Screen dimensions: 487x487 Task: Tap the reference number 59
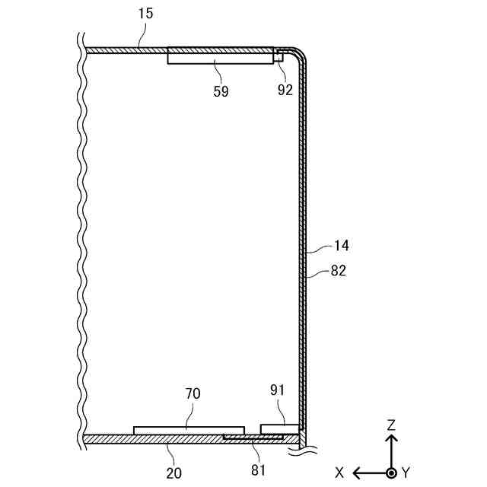point(221,91)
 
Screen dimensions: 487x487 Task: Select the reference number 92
point(285,89)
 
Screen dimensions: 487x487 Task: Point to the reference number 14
point(342,246)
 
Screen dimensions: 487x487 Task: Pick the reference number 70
point(193,394)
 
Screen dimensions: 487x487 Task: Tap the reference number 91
point(277,389)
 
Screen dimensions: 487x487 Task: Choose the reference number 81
point(258,470)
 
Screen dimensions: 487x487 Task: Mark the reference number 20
point(174,472)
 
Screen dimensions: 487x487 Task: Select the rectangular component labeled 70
point(189,430)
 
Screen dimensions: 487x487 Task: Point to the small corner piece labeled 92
point(279,54)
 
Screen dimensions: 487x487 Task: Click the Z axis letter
point(391,425)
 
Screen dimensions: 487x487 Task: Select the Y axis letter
point(406,473)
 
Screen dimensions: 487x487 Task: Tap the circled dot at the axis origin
point(391,473)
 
